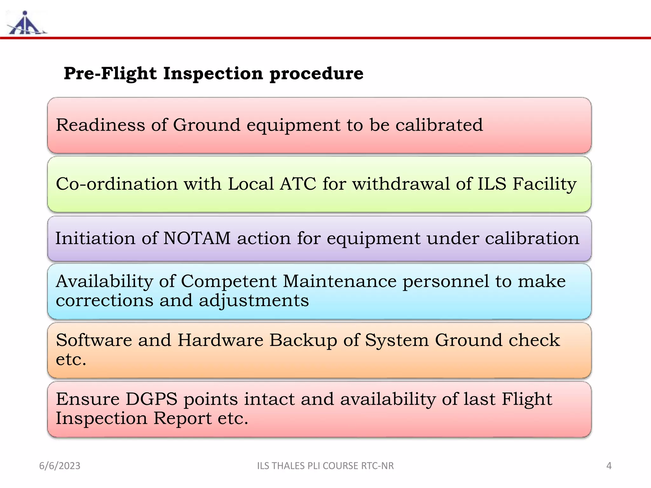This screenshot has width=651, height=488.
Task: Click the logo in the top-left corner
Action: pos(26,23)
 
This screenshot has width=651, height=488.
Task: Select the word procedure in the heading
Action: pos(316,74)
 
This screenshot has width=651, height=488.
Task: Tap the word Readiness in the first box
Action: pos(100,125)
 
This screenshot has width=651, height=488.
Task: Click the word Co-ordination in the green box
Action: pos(117,184)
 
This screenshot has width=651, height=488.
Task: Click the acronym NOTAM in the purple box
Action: pos(197,238)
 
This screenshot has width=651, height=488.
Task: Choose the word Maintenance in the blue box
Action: pos(339,281)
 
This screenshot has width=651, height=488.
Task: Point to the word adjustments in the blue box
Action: pos(254,301)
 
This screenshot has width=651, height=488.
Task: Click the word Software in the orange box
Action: pos(94,340)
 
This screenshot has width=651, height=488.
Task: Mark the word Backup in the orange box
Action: pos(303,340)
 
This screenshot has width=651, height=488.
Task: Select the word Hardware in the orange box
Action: pos(220,340)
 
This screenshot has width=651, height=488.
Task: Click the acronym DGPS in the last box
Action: pos(151,399)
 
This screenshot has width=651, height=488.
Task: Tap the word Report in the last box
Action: pos(182,418)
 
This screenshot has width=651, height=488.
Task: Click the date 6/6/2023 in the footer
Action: pos(60,466)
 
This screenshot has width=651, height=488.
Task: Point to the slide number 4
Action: pos(609,466)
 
